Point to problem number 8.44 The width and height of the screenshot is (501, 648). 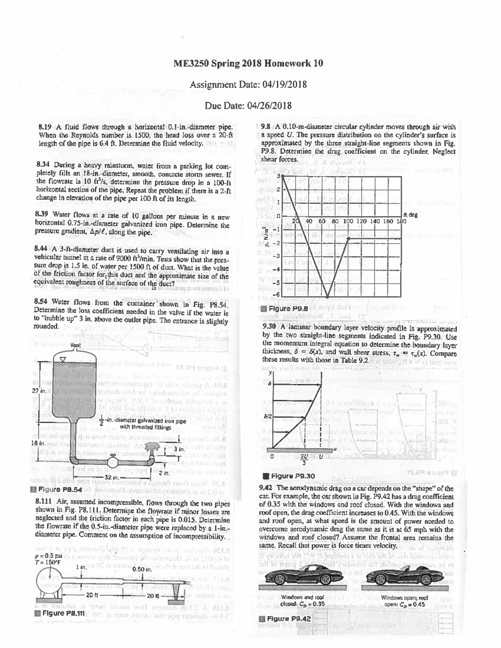pos(45,252)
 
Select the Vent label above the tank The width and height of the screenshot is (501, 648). pos(76,345)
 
